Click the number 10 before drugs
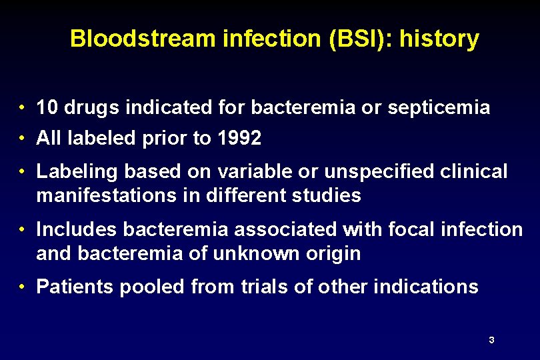point(47,107)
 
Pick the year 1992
point(239,138)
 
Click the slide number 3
point(491,340)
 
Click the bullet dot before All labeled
point(23,139)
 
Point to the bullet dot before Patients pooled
point(23,287)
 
